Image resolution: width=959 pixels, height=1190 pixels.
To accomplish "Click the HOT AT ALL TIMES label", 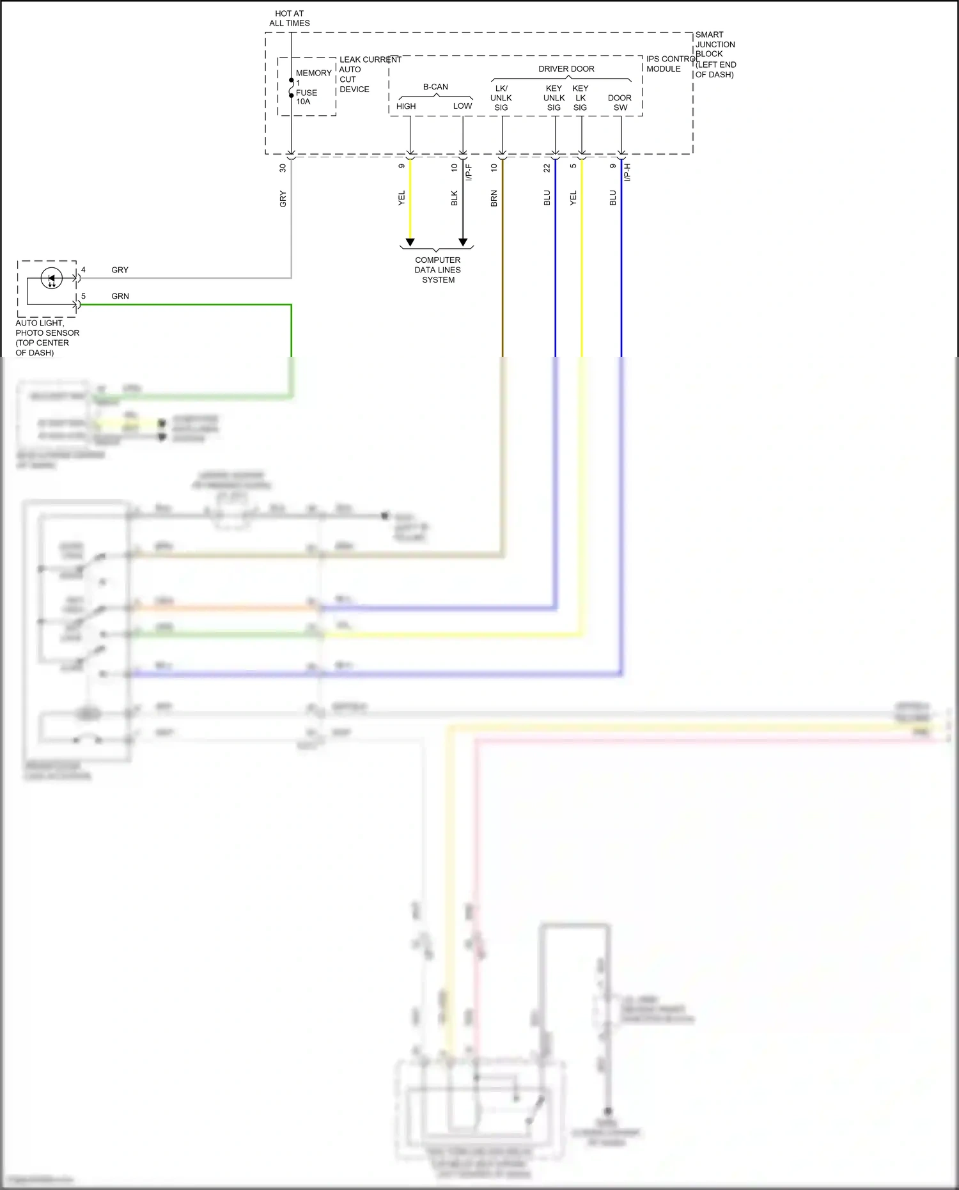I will click(289, 18).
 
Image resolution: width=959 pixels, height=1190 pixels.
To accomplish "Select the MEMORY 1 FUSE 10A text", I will click(313, 88).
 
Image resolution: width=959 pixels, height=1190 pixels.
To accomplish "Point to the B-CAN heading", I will click(435, 87).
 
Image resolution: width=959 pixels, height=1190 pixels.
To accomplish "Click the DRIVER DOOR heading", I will click(566, 69).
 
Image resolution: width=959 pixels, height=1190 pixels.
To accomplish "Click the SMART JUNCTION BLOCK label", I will click(715, 54).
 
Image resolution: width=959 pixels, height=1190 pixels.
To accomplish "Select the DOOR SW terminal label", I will click(620, 103).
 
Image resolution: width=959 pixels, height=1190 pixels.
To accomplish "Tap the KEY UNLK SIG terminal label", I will click(554, 98).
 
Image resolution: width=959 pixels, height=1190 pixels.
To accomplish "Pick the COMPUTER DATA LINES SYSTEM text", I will click(437, 270).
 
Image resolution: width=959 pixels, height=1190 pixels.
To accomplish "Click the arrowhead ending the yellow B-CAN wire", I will click(410, 242).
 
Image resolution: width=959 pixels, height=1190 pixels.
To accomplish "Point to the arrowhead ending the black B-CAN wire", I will click(463, 242).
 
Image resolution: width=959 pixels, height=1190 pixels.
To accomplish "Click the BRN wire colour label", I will click(494, 198).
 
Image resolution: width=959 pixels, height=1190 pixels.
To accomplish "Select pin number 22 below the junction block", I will click(547, 168).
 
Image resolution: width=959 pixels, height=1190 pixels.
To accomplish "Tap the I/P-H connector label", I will click(627, 172).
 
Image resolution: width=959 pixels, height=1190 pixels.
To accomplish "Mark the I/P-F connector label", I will click(469, 172).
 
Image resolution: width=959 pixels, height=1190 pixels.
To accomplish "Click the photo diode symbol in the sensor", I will click(52, 279).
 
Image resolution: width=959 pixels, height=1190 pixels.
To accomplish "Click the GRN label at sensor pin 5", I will click(120, 296).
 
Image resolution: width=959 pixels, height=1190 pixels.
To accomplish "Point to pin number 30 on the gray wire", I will click(283, 168).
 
